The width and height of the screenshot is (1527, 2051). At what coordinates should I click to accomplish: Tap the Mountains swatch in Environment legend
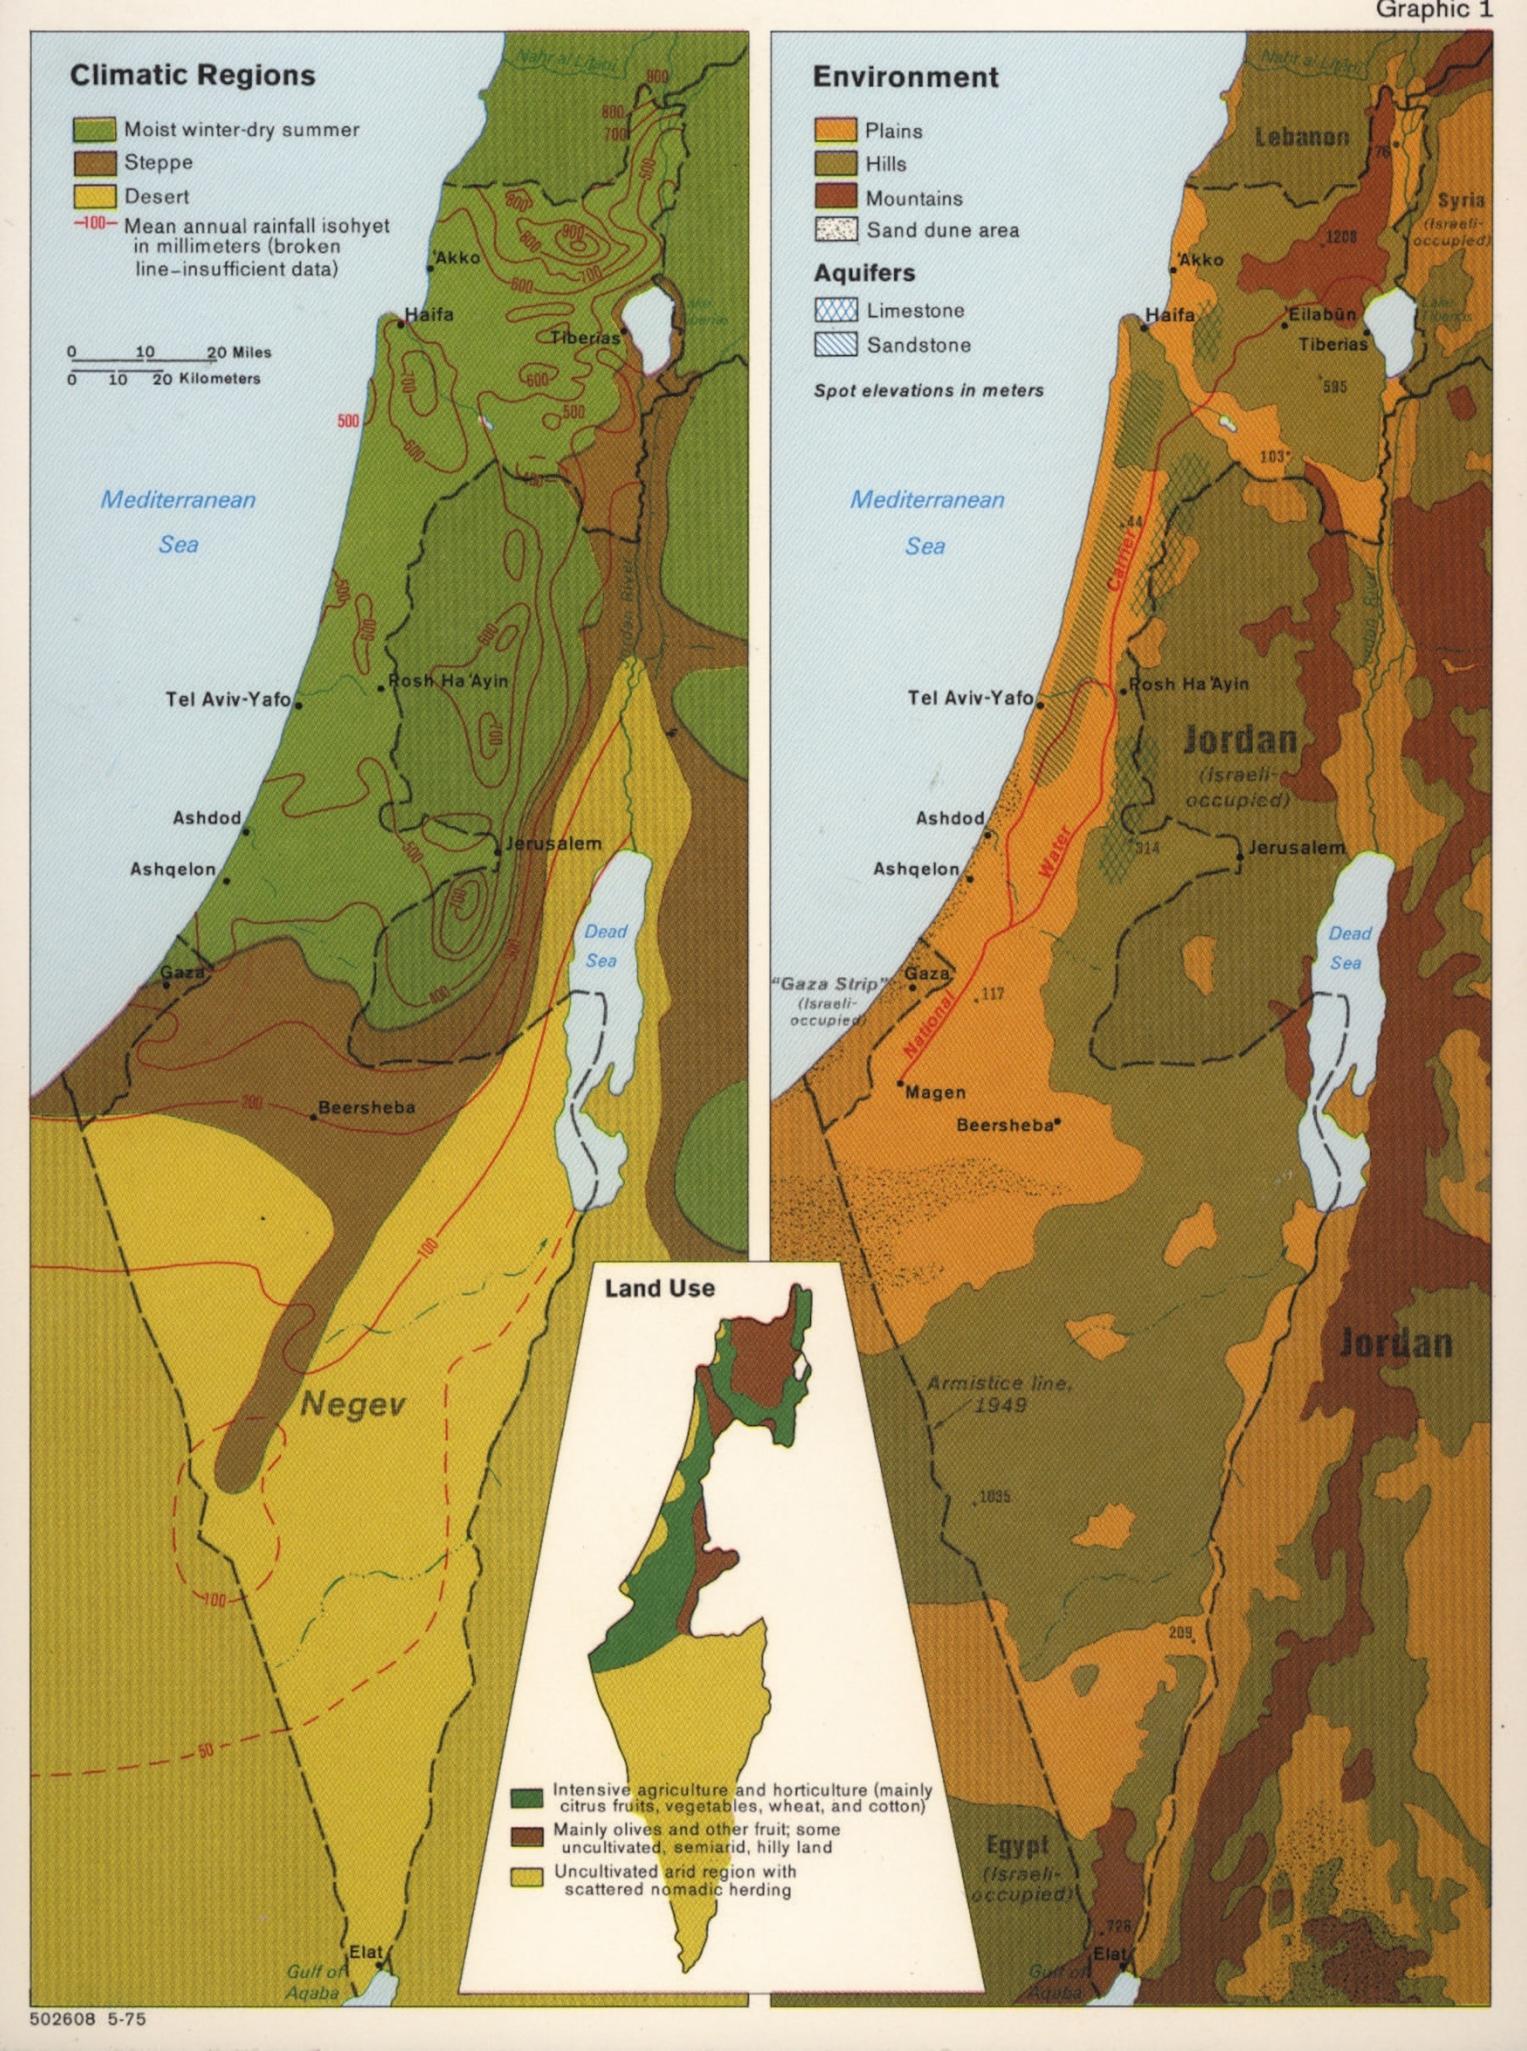pos(836,197)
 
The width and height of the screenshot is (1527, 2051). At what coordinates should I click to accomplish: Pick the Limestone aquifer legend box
pos(836,310)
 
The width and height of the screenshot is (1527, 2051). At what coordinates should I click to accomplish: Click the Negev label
pos(353,1405)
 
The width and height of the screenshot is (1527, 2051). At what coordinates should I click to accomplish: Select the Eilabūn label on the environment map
pos(1323,314)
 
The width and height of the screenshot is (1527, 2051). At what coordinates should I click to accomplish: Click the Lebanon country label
pos(1301,138)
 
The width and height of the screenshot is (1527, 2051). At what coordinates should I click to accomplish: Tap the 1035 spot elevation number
pos(994,1496)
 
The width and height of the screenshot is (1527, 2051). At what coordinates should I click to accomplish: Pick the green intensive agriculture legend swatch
pos(527,1798)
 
